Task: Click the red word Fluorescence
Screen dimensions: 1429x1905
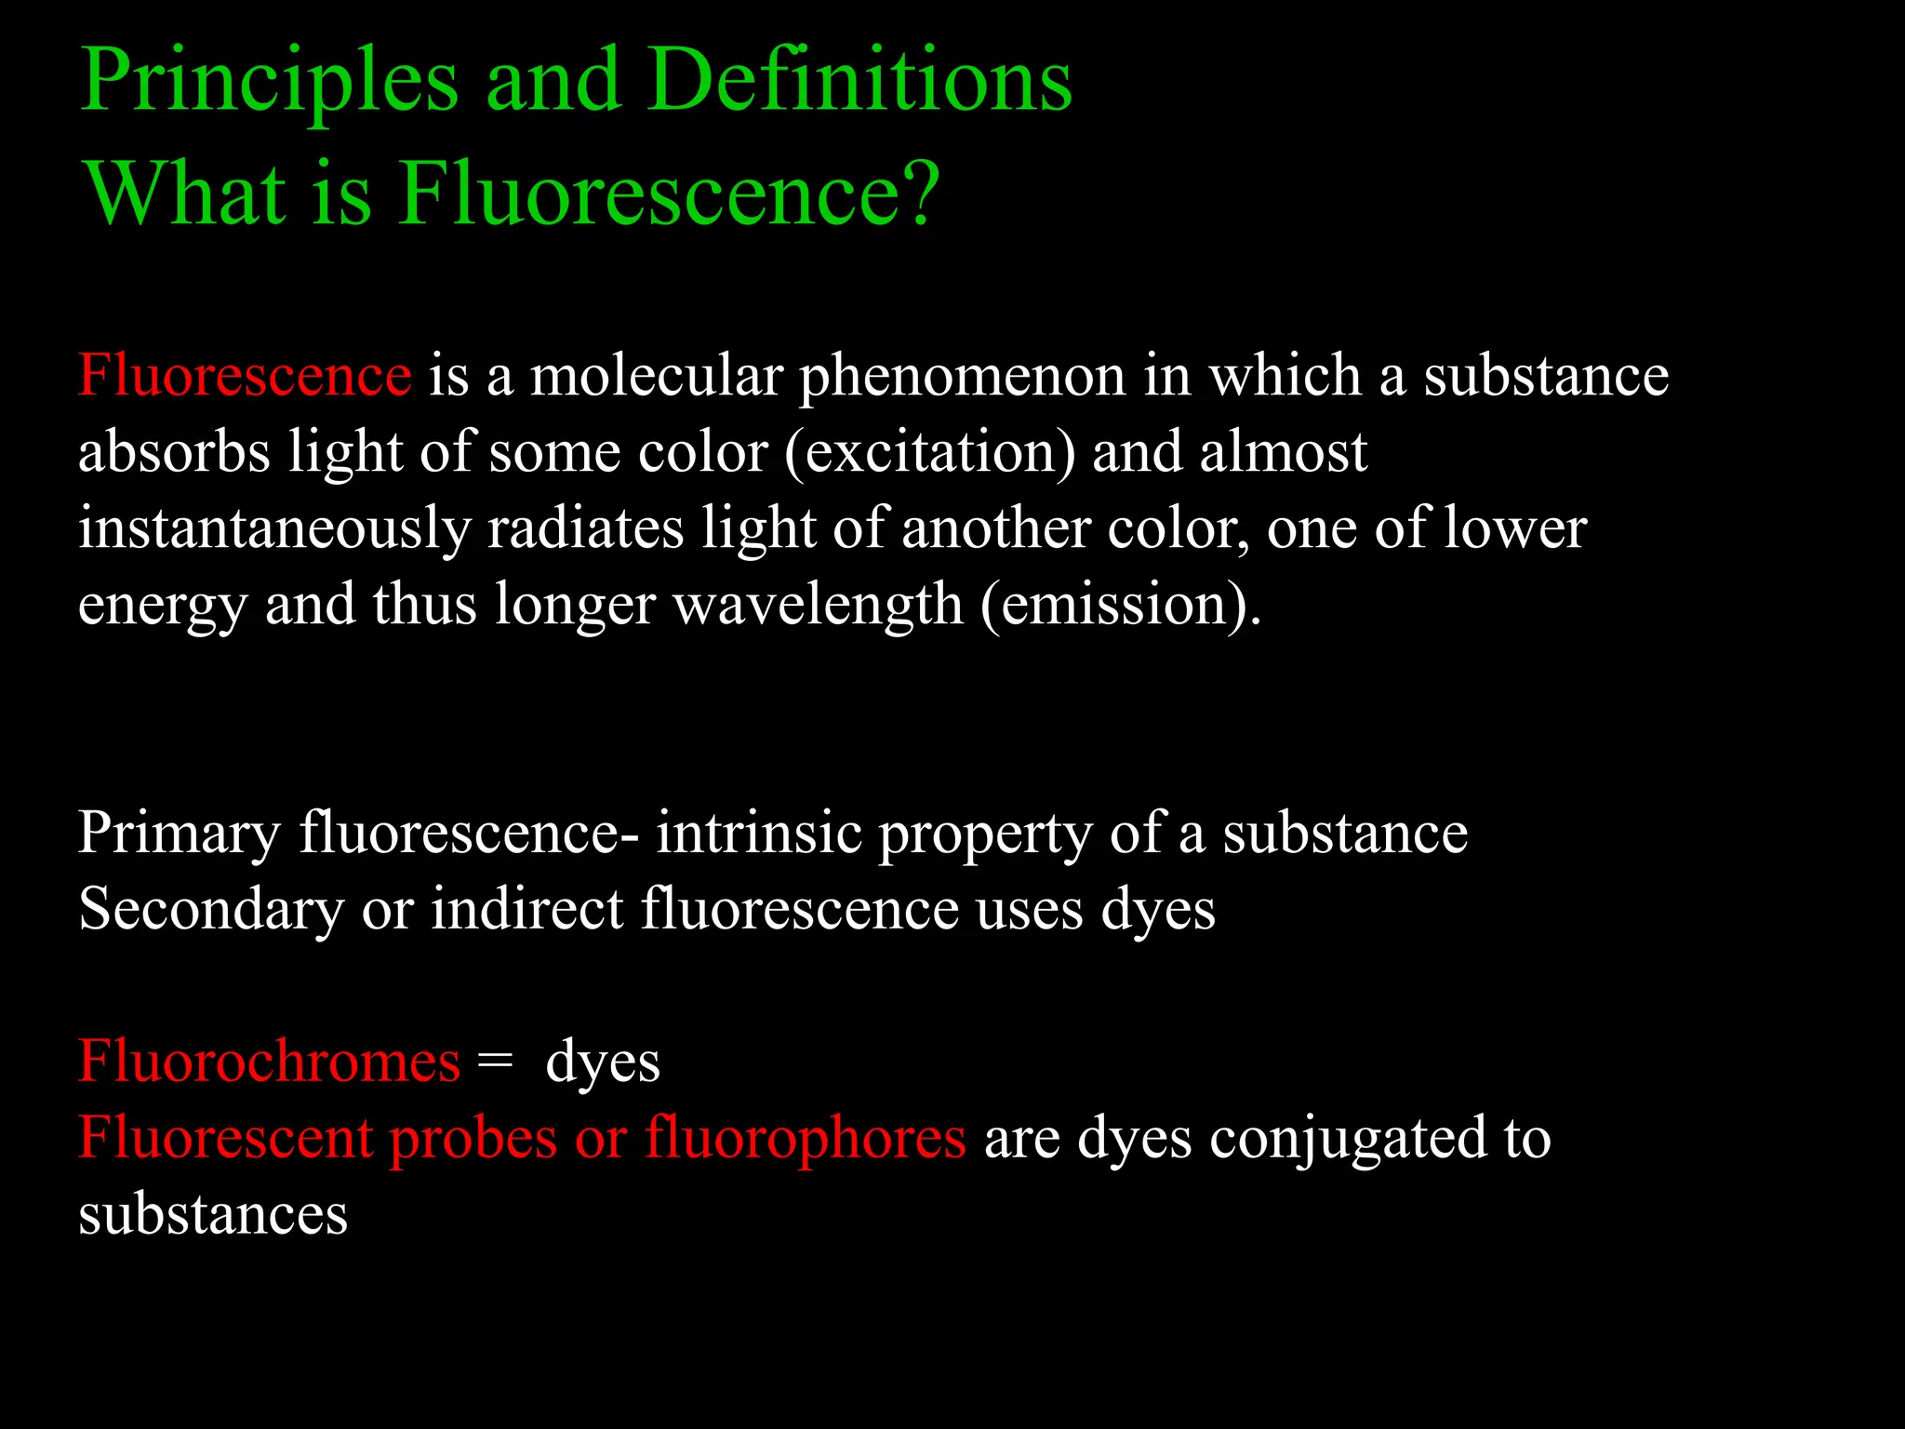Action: pyautogui.click(x=245, y=376)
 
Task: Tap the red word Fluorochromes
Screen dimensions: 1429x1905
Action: pyautogui.click(x=269, y=1062)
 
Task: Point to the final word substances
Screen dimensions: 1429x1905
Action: pyautogui.click(x=213, y=1215)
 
